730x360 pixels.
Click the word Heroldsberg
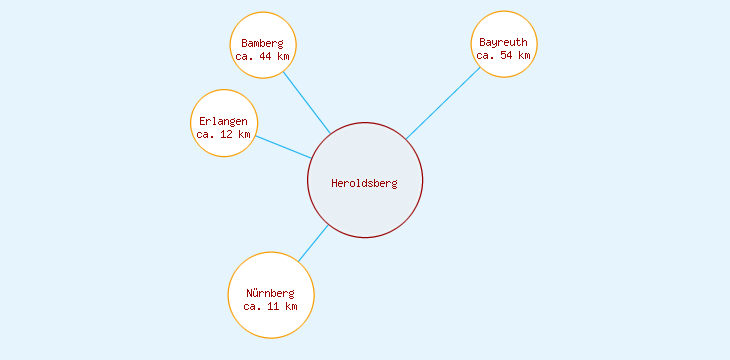coord(365,183)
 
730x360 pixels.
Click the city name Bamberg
coord(263,44)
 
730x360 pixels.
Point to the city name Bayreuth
coord(504,43)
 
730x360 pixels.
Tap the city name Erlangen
coord(223,122)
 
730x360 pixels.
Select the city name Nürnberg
coord(271,293)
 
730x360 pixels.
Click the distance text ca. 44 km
coord(263,57)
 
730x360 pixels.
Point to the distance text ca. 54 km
coord(504,56)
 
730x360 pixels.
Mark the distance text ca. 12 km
coord(223,134)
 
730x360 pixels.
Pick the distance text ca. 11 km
coord(271,306)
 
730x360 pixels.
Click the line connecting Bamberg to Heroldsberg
coord(306,101)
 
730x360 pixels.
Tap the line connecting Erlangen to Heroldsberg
coord(283,147)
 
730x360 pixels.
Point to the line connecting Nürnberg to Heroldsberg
coord(313,244)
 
